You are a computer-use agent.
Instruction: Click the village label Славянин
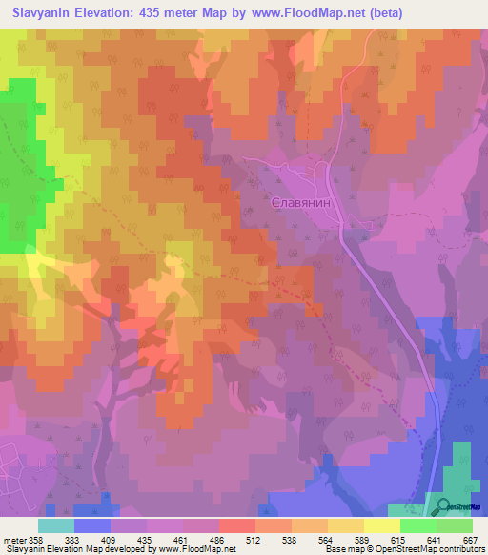pyautogui.click(x=302, y=203)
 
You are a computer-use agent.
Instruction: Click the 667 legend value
pyautogui.click(x=467, y=539)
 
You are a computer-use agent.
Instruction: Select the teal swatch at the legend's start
pyautogui.click(x=56, y=525)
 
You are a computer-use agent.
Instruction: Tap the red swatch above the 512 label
pyautogui.click(x=237, y=525)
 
